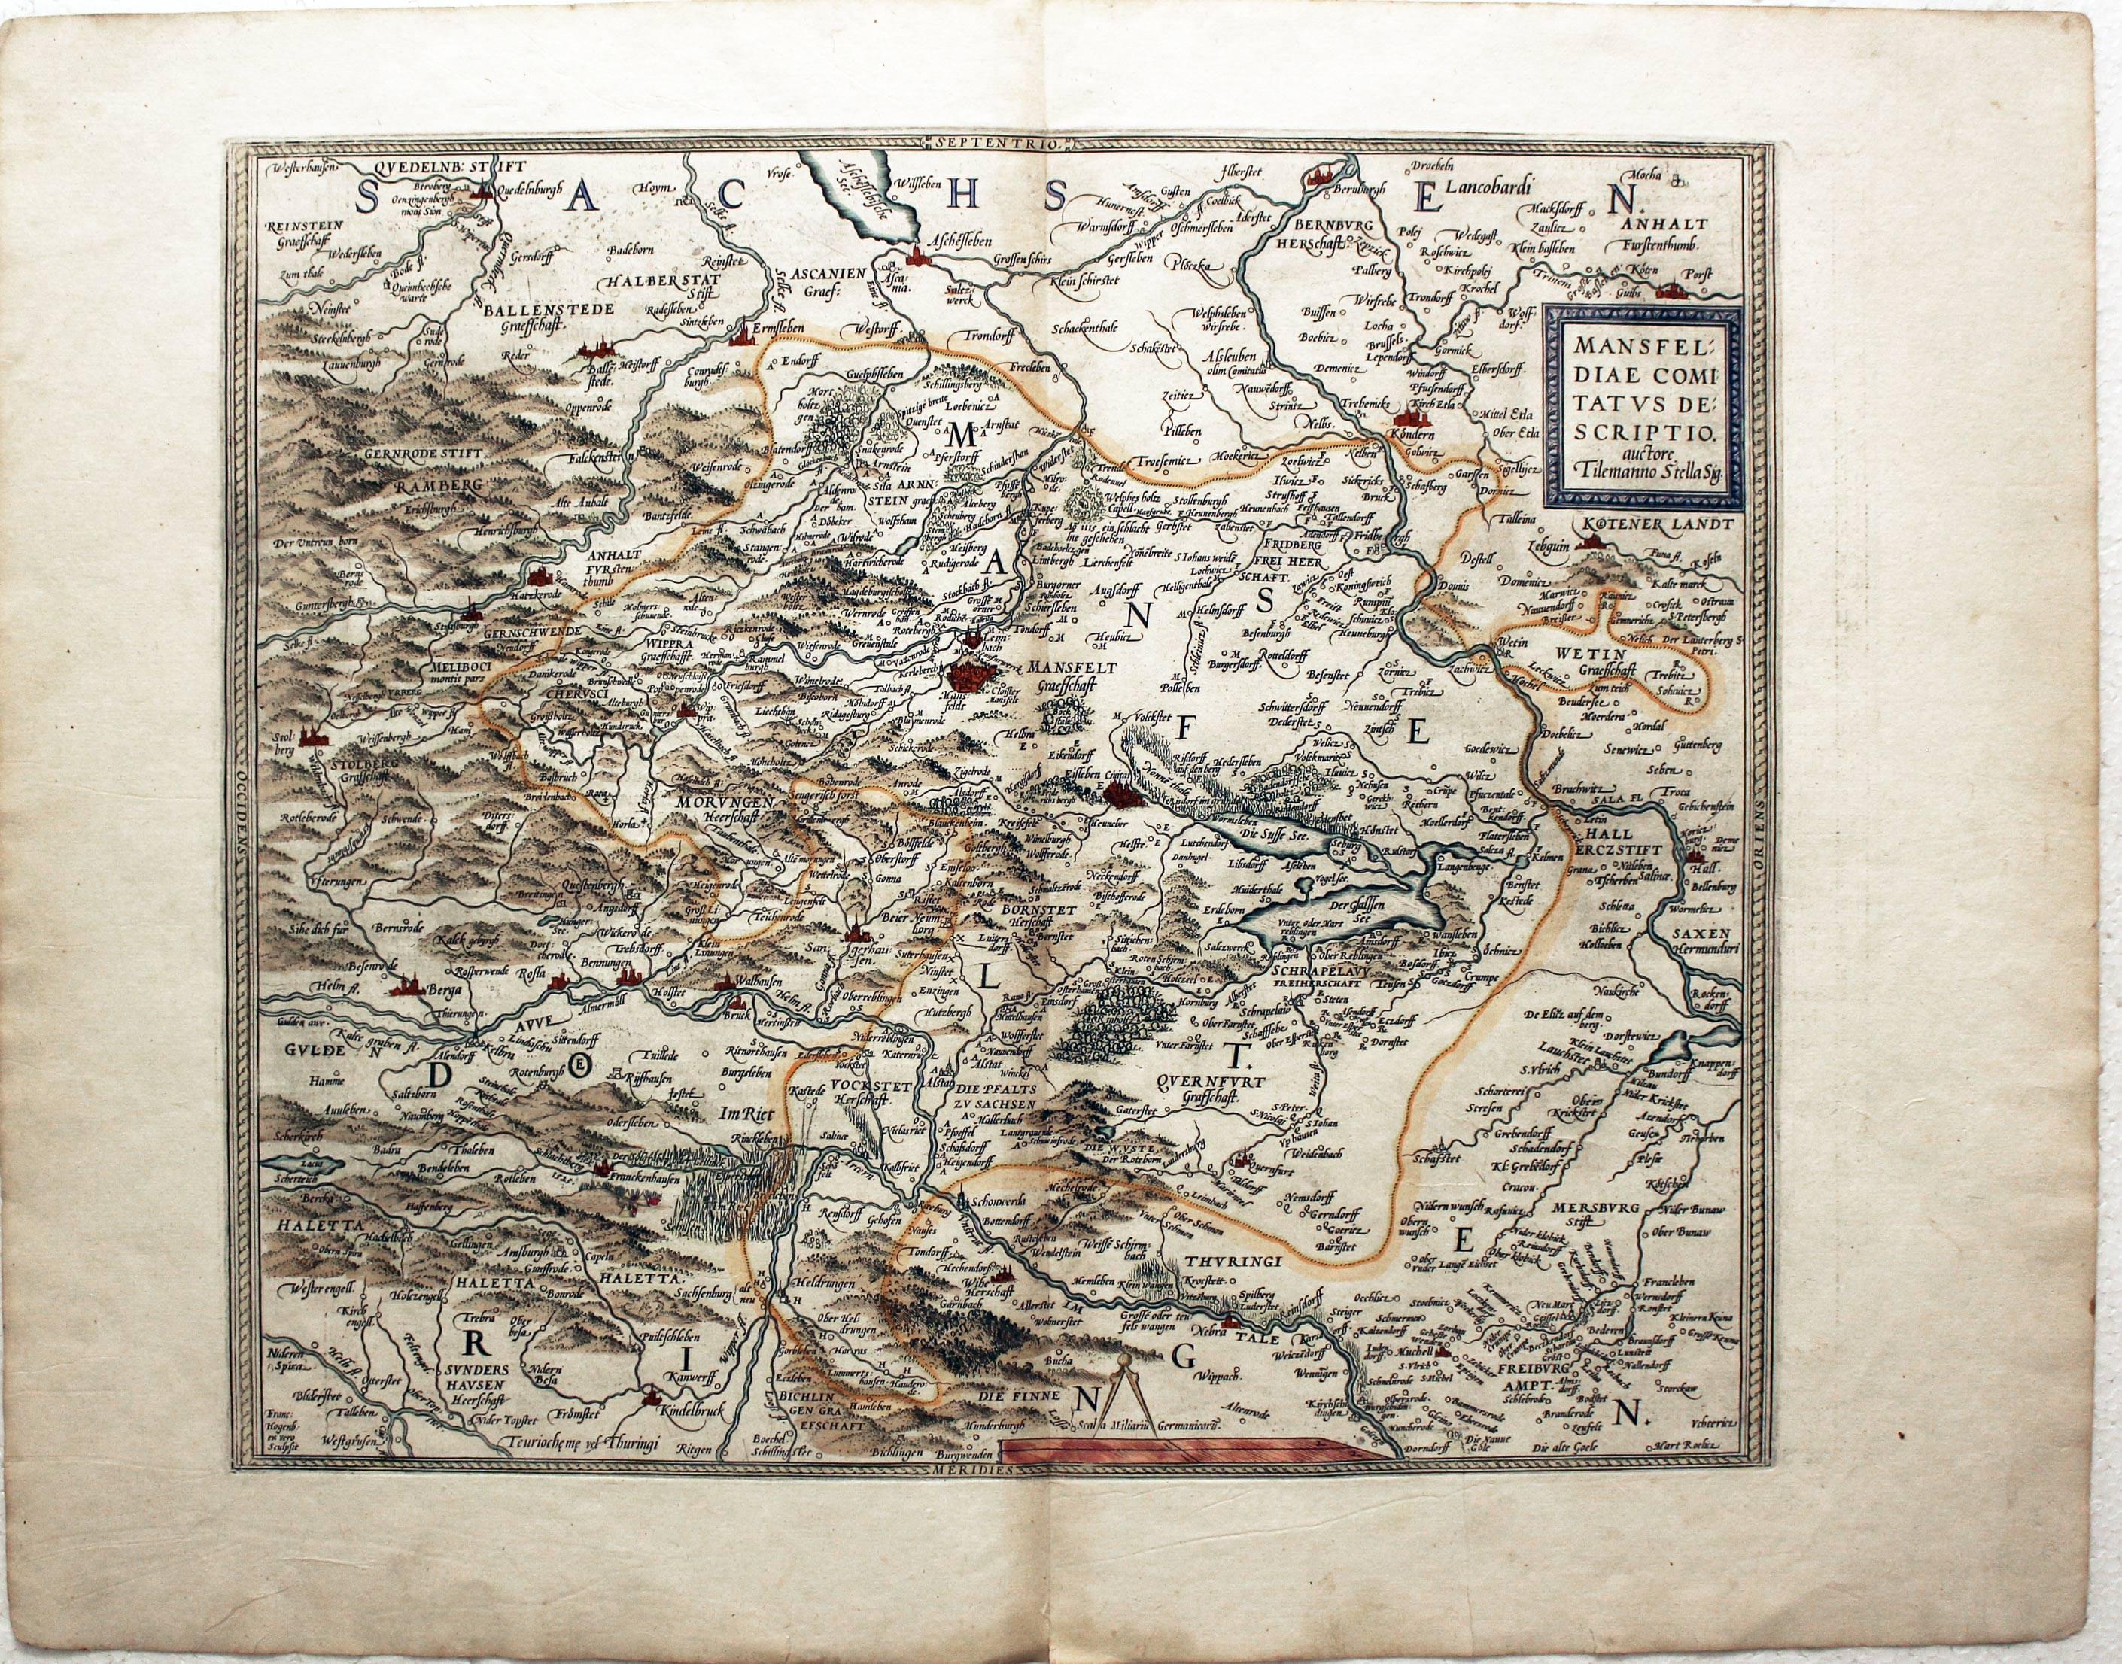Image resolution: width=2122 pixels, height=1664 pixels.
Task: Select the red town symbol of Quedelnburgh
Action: (480, 194)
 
